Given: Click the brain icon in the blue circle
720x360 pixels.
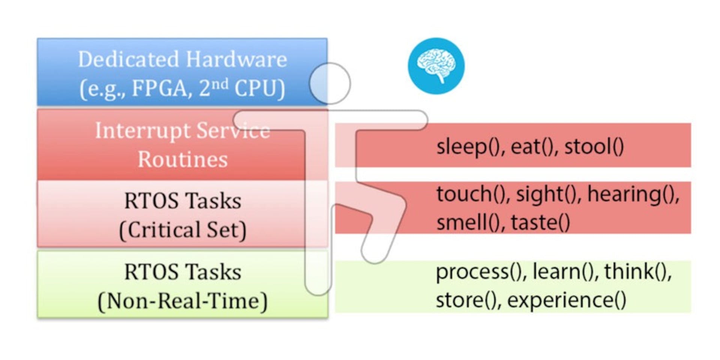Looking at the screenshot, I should click(436, 66).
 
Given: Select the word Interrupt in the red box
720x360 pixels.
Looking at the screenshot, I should click(142, 130).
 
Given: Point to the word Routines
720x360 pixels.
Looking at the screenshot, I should click(183, 159).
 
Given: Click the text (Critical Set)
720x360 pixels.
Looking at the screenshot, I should click(183, 229).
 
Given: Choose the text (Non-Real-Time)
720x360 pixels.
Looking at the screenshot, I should click(183, 301).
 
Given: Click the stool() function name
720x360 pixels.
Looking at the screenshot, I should click(594, 146).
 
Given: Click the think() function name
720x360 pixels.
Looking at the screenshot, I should click(637, 271).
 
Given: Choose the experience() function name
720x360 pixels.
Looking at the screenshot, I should click(566, 300).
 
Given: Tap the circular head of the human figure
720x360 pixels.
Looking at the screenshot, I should click(330, 83).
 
